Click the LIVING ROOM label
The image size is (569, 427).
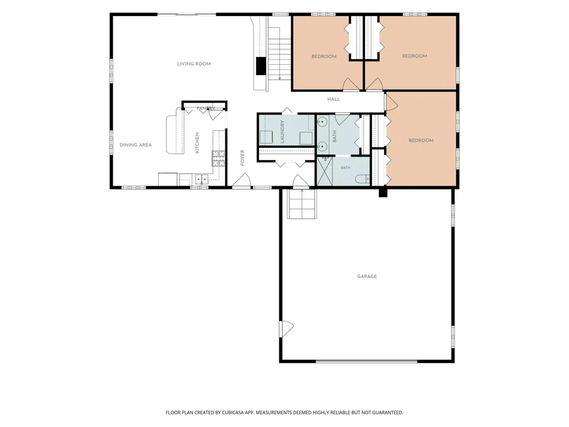(194, 64)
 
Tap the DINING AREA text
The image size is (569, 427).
(136, 145)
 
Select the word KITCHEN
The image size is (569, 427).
(197, 143)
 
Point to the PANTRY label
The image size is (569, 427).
(206, 108)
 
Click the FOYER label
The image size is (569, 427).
(242, 158)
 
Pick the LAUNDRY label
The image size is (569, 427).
(282, 132)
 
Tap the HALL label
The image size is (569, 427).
(334, 99)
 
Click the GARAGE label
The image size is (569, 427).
(367, 276)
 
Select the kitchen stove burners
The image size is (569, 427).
(219, 159)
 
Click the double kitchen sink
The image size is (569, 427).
(202, 179)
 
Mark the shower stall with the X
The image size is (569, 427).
(325, 171)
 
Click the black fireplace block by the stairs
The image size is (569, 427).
(261, 66)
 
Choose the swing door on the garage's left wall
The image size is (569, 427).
(286, 329)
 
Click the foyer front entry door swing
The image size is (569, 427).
(241, 180)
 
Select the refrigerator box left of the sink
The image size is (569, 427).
(168, 179)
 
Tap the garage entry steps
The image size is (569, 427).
(302, 204)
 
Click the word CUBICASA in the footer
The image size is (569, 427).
(233, 412)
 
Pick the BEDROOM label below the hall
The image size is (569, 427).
(421, 141)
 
